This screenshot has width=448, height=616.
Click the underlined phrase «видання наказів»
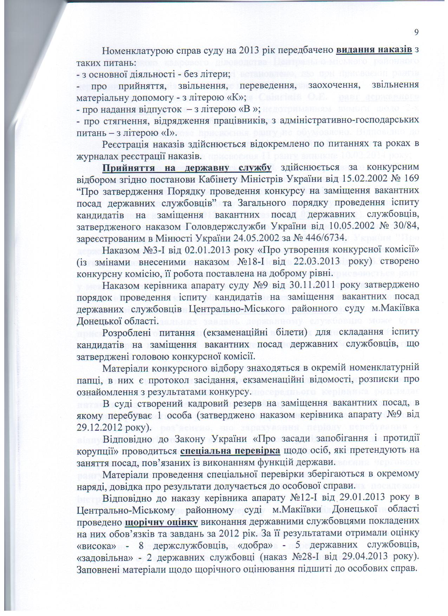(374, 50)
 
